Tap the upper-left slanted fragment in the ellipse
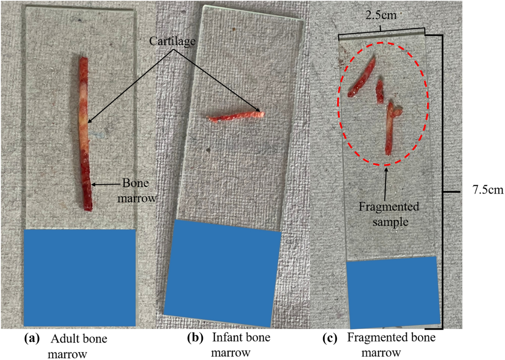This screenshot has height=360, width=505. point(361,77)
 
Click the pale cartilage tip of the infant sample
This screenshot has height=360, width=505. point(261,113)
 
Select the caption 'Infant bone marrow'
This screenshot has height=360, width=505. point(241,344)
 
